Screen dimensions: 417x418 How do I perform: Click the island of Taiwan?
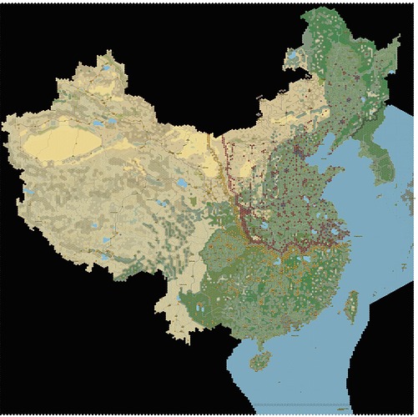(x=351, y=306)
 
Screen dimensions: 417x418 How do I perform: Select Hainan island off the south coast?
(x=261, y=359)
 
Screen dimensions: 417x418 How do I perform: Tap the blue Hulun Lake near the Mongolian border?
(x=293, y=58)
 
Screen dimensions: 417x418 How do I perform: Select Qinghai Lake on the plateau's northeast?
(x=181, y=183)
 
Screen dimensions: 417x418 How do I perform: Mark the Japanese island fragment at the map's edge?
(x=408, y=198)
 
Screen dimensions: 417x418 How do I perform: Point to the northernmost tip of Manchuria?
(x=321, y=12)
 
